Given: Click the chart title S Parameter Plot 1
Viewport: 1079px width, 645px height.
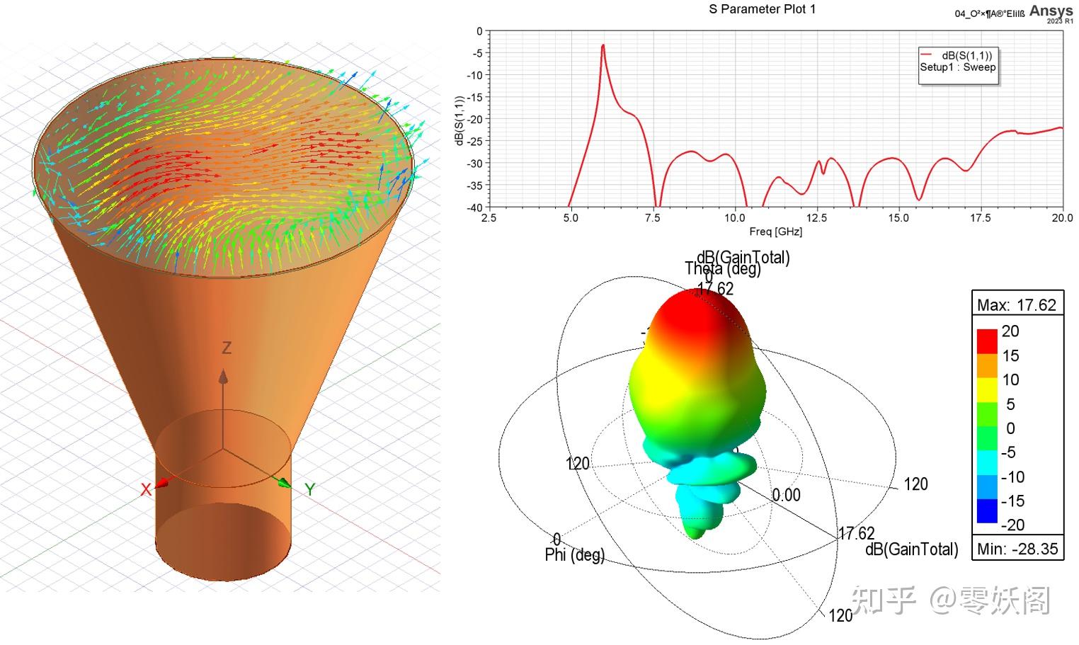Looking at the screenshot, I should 762,9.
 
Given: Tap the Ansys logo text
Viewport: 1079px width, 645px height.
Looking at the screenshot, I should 1051,11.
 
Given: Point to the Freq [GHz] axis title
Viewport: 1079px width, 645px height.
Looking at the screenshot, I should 775,232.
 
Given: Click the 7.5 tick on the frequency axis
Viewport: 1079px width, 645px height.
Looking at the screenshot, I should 652,218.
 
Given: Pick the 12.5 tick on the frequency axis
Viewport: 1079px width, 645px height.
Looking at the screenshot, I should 816,218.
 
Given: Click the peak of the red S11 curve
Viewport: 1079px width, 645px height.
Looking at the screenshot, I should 603,46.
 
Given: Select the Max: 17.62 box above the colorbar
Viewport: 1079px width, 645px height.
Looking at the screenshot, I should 1017,305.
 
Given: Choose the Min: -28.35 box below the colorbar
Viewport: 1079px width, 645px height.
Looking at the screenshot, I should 1017,548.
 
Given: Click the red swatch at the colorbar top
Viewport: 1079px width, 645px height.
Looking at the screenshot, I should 987,341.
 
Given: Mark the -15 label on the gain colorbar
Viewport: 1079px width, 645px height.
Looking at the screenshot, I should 1012,501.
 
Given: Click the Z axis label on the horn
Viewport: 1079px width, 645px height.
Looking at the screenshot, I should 227,348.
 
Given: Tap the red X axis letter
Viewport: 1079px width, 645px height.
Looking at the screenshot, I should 146,490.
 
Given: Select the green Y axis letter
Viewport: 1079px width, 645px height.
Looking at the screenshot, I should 309,489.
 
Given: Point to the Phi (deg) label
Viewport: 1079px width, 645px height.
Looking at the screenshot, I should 574,555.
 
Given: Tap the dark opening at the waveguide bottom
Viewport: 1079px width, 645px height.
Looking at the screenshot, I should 223,545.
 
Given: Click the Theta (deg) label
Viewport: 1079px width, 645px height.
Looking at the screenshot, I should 722,270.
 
